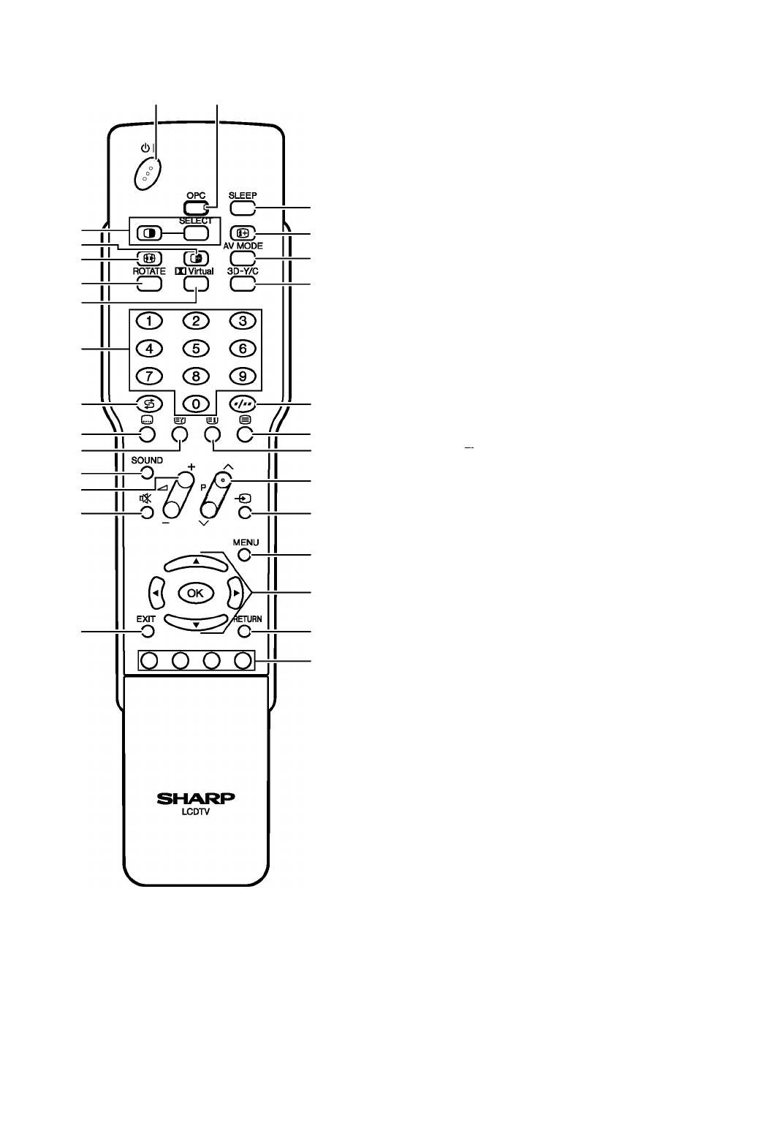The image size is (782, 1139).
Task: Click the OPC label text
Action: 196,196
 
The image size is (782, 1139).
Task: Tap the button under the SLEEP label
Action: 243,208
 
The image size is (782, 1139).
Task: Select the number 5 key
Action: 196,349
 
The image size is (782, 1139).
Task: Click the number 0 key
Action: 196,404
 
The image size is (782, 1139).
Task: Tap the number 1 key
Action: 149,321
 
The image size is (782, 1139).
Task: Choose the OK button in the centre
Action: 195,593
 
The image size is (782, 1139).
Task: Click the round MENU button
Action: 245,555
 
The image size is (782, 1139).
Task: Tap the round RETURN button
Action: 245,632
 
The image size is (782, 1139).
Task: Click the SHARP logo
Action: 196,798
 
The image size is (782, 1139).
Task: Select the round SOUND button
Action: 147,473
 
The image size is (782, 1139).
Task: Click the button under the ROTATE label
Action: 149,284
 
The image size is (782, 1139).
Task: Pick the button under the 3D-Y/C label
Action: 243,284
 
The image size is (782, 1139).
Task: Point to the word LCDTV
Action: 196,812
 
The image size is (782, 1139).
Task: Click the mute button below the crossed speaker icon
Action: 147,512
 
